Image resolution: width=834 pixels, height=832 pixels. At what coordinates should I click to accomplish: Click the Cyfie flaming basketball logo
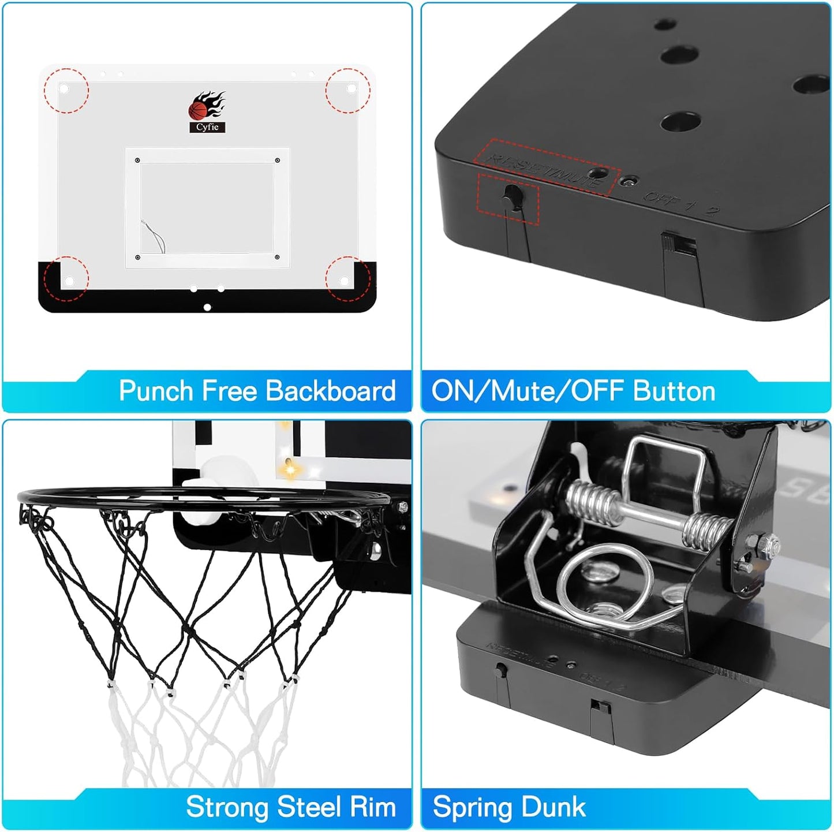tap(207, 112)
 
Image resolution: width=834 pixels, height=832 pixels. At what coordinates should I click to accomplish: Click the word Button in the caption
tap(674, 391)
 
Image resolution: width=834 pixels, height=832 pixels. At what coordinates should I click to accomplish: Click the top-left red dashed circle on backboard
tap(66, 89)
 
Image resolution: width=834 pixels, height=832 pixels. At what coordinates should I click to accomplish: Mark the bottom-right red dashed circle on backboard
tap(347, 279)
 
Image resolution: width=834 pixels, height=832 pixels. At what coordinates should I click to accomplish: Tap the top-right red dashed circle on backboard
tap(347, 89)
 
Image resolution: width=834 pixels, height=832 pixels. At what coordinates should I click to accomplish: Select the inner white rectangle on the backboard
tap(207, 207)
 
